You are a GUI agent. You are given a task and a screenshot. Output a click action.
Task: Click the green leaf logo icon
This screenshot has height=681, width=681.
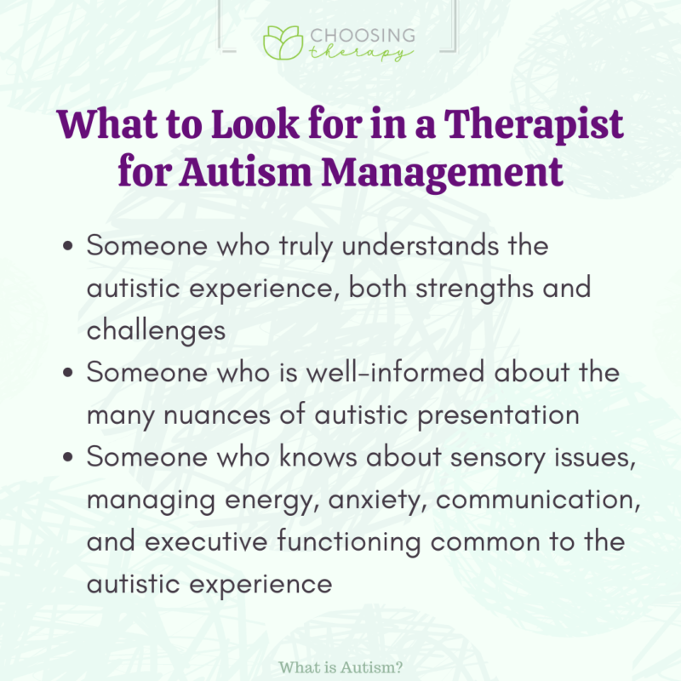[x=282, y=43]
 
